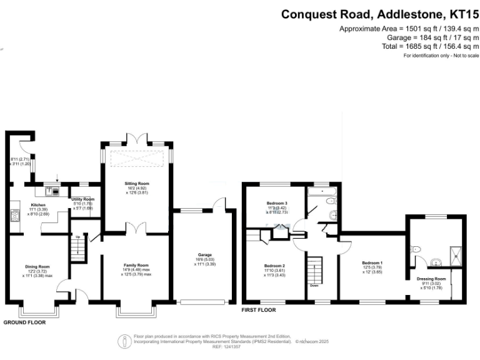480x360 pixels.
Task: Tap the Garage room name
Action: pyautogui.click(x=204, y=255)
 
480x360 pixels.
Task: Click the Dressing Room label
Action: pyautogui.click(x=431, y=279)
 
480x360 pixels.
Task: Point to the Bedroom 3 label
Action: pyautogui.click(x=276, y=203)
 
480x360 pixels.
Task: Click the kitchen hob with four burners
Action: pyautogui.click(x=13, y=216)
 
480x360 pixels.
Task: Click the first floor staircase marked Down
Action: pyautogui.click(x=315, y=268)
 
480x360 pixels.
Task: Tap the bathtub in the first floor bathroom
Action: pyautogui.click(x=322, y=191)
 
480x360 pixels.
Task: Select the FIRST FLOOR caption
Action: pyautogui.click(x=259, y=309)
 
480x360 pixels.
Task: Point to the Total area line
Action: pyautogui.click(x=430, y=46)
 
